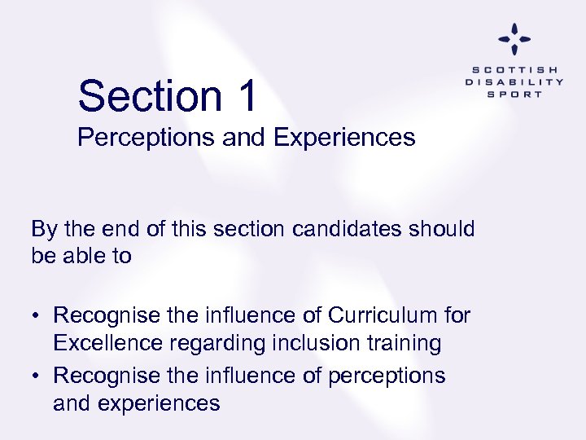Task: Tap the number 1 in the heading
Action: tap(247, 96)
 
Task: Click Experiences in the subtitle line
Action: tap(344, 138)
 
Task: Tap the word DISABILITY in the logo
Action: tap(514, 81)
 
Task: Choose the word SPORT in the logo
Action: tap(514, 94)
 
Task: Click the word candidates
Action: tap(339, 229)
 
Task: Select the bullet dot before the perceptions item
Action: tap(37, 376)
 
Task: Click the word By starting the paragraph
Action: tap(44, 229)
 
